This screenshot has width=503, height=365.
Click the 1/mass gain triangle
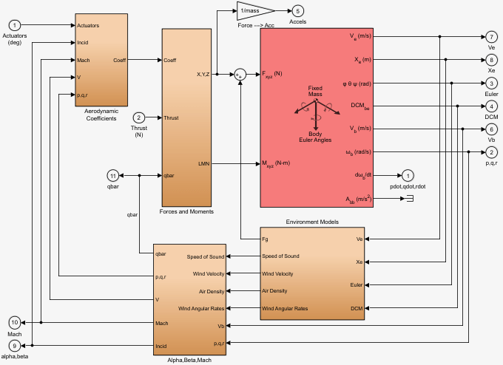pos(253,11)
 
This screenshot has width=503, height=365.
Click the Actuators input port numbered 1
pos(15,26)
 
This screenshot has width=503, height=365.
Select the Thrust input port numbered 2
pos(138,117)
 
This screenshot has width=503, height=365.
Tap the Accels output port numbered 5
pos(297,11)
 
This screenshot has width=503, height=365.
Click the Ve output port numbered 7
pos(491,36)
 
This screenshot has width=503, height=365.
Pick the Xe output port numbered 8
pos(491,59)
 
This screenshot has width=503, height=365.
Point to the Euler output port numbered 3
pos(491,83)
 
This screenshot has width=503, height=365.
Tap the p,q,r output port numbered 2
pos(491,152)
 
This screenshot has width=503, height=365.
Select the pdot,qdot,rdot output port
pos(407,175)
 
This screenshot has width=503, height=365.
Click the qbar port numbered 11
pos(113,175)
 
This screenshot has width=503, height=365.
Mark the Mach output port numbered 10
pos(15,323)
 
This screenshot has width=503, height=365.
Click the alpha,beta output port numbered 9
pos(15,346)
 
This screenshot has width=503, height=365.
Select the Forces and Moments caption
pos(186,212)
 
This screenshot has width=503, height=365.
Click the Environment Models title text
pos(311,221)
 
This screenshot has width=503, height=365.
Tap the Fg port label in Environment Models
pos(266,239)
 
